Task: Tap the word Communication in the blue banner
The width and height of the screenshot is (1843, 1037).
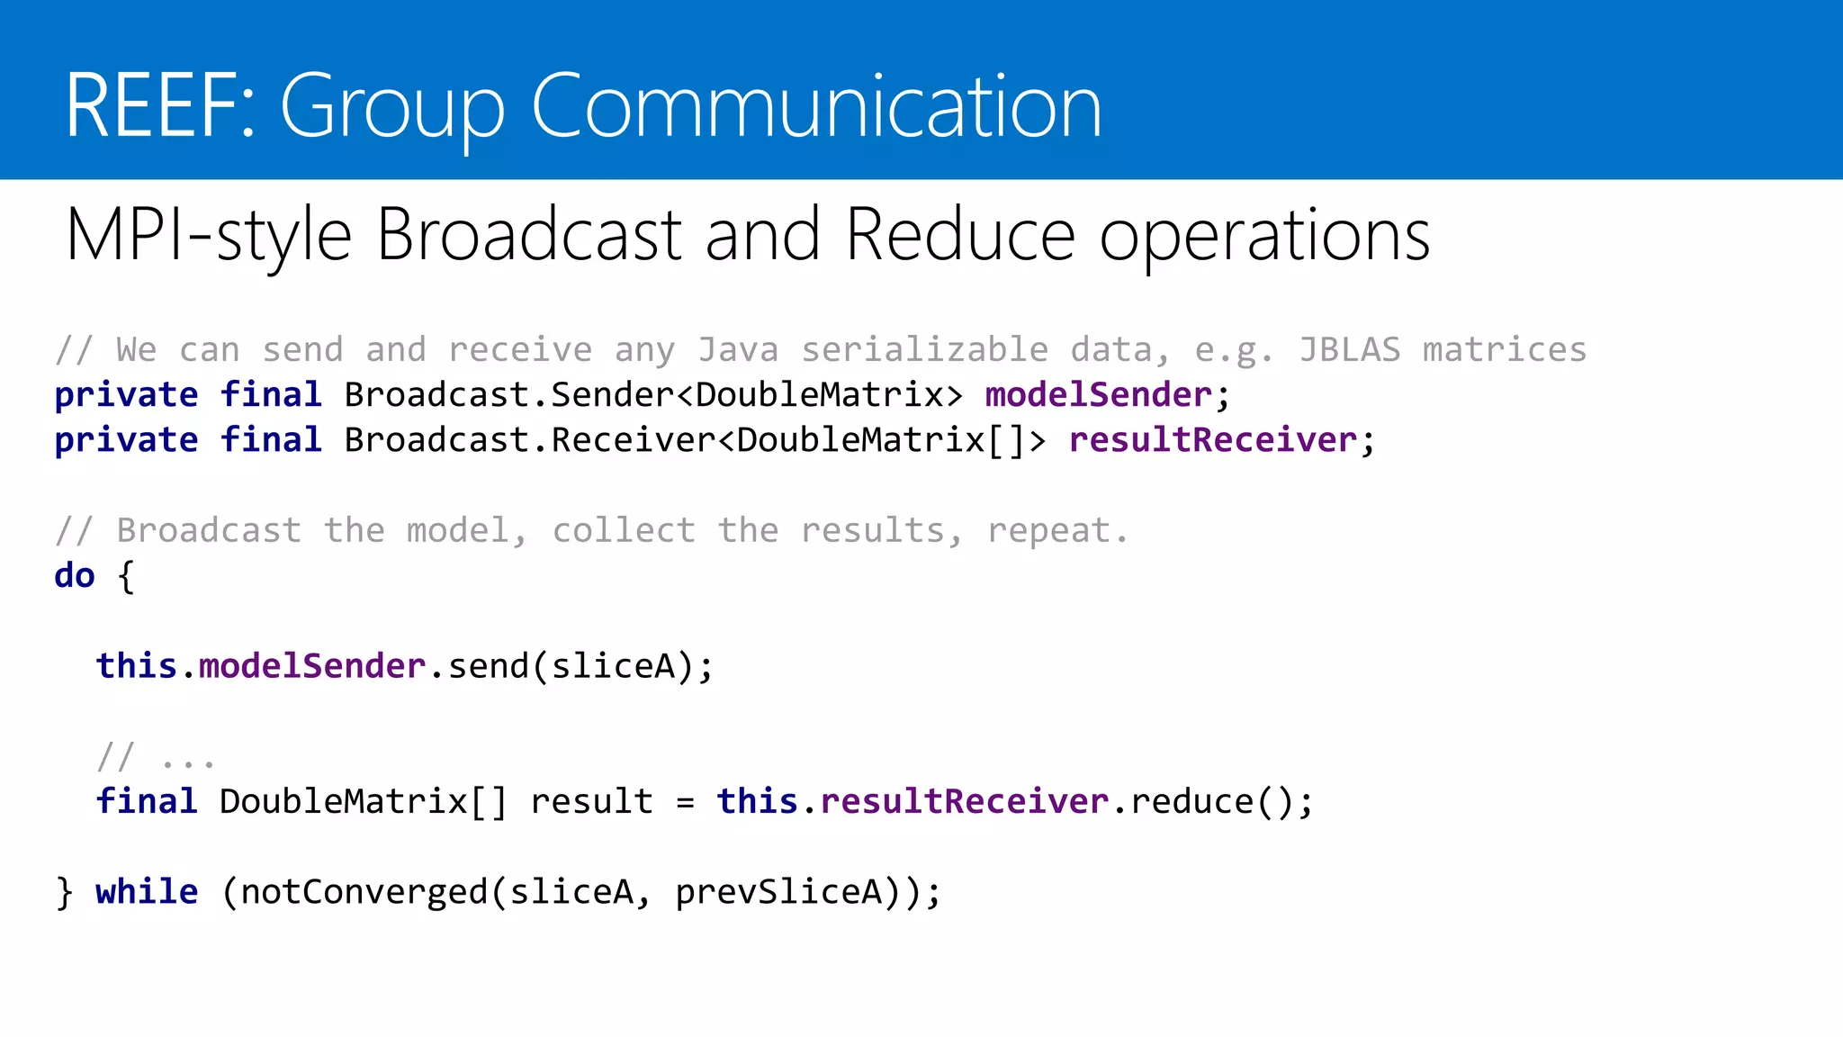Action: [x=815, y=106]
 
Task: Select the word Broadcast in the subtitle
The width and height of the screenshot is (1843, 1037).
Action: [x=528, y=235]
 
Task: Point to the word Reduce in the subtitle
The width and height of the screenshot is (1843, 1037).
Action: [x=960, y=235]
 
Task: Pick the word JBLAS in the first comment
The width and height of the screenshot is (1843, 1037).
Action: [x=1349, y=349]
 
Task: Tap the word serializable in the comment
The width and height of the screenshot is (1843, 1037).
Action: [x=924, y=349]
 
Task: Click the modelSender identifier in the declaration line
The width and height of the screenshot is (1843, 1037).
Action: [x=1098, y=395]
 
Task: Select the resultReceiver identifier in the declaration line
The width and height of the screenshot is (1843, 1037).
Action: [x=1212, y=440]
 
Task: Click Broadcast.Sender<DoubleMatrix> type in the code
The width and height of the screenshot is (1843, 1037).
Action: [x=653, y=395]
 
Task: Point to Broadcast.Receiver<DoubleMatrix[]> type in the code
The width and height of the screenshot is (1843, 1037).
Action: [x=695, y=440]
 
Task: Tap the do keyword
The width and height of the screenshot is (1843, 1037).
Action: [x=75, y=575]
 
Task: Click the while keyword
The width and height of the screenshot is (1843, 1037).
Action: [x=147, y=891]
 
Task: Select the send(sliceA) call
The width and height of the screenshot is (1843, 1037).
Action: [x=571, y=666]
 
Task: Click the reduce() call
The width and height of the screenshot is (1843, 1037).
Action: [x=1211, y=801]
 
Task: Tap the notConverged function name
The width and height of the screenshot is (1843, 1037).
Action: [x=364, y=891]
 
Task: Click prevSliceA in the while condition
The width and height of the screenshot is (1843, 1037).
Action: [x=778, y=891]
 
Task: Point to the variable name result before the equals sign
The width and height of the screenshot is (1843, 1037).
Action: [x=591, y=801]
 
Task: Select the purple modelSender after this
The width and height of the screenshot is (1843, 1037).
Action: [x=311, y=666]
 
